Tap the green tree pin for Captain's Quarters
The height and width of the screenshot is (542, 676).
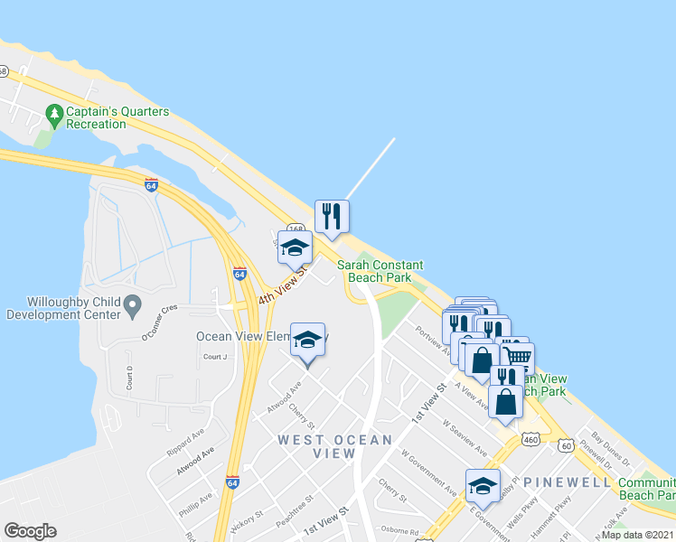click(54, 114)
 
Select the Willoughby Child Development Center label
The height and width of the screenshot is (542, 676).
click(63, 308)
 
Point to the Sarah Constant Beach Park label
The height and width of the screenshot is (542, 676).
click(380, 271)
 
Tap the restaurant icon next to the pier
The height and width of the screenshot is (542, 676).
click(332, 216)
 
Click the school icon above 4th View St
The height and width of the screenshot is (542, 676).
click(295, 248)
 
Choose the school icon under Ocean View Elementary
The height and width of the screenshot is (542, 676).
click(307, 341)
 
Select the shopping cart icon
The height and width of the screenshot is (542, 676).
click(517, 357)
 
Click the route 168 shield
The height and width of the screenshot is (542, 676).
click(295, 229)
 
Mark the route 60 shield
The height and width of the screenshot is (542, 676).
click(566, 446)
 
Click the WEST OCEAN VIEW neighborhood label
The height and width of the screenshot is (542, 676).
click(334, 446)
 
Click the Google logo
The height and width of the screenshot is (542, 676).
click(30, 531)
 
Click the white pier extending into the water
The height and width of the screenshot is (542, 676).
click(370, 169)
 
